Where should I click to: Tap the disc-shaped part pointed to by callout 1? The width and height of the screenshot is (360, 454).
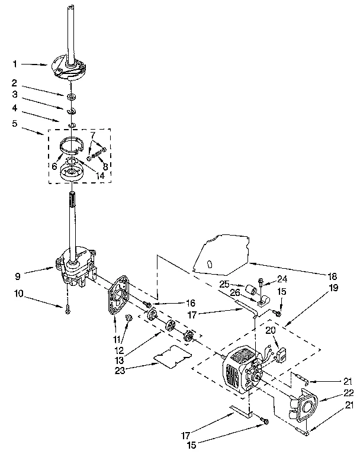tap(70, 66)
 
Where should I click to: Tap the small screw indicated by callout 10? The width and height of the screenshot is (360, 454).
tap(68, 307)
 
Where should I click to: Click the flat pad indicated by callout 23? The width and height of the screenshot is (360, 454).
tap(171, 357)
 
